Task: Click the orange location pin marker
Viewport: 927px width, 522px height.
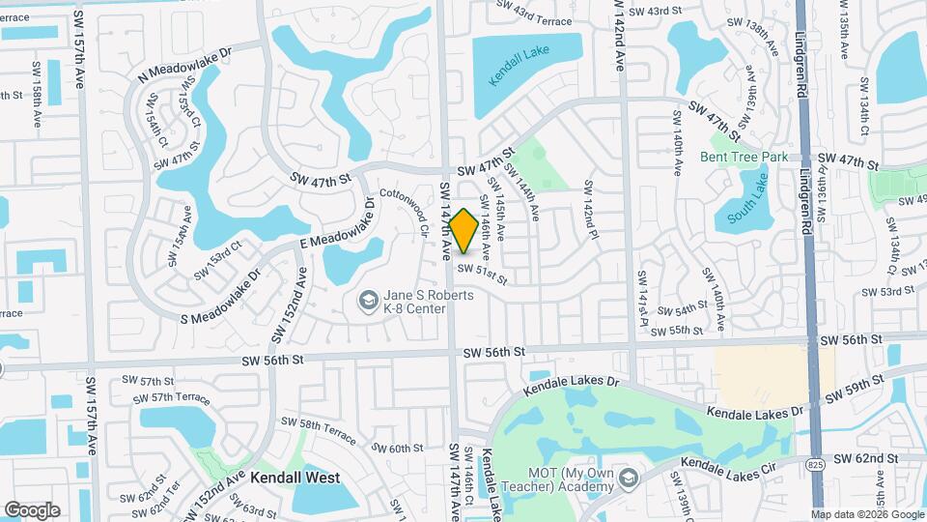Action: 463,231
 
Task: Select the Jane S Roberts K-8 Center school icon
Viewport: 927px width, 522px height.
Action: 367,303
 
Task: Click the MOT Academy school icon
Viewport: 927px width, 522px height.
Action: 629,478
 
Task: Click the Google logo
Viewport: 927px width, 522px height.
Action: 32,509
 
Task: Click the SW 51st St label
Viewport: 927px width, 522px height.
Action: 482,275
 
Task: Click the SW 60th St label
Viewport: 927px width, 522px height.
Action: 398,448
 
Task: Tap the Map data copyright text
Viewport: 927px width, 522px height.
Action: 865,514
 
